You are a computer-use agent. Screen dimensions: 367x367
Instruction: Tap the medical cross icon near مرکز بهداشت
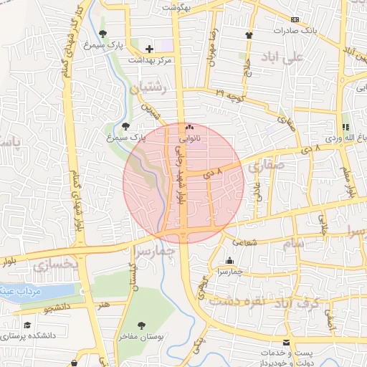point(149,48)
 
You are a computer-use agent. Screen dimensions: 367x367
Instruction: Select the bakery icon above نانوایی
point(190,126)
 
